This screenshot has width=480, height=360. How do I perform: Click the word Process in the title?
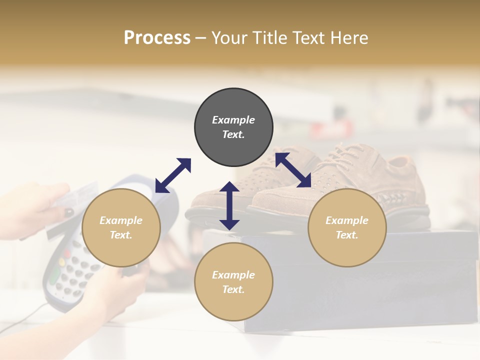click(157, 38)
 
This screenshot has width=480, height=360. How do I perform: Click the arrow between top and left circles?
click(173, 175)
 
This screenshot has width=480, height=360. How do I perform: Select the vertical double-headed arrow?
click(229, 205)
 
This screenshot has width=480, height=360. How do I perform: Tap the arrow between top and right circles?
click(293, 170)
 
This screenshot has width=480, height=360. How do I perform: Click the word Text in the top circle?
click(233, 134)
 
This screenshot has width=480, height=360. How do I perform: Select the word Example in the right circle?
click(346, 220)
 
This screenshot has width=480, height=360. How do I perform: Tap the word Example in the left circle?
click(121, 220)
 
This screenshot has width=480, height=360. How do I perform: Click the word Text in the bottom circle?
click(233, 289)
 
